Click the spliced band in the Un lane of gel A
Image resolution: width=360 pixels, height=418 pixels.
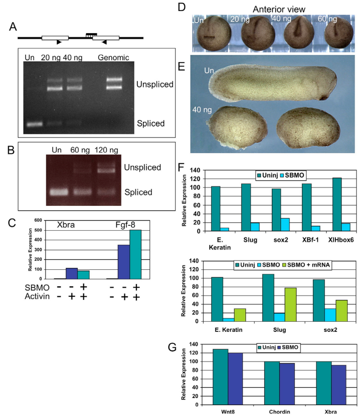click(x=34, y=124)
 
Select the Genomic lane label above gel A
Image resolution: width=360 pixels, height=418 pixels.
click(x=113, y=58)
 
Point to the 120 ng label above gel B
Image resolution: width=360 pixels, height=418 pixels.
click(x=106, y=150)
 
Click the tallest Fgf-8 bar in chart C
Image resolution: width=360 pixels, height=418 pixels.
click(x=135, y=254)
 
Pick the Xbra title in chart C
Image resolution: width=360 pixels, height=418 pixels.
click(x=66, y=225)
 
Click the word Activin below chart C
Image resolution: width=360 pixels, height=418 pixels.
click(x=37, y=296)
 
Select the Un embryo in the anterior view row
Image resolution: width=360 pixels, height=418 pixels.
click(x=211, y=34)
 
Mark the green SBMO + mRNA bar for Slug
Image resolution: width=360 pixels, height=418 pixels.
click(x=291, y=304)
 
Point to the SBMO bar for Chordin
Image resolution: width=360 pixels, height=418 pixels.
click(x=287, y=384)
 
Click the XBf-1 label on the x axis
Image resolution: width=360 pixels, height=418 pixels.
click(x=310, y=240)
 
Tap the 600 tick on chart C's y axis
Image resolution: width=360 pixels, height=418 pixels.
click(x=38, y=220)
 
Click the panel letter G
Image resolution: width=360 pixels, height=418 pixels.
click(x=172, y=347)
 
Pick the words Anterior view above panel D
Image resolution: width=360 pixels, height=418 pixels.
click(x=279, y=9)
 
